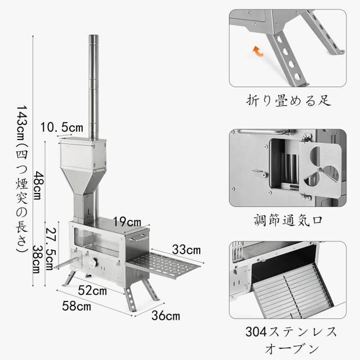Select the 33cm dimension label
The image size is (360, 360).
click(x=186, y=249)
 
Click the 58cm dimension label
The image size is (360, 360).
click(x=75, y=307)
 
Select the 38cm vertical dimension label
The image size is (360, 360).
click(x=37, y=258)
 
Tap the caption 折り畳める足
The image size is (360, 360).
click(x=288, y=101)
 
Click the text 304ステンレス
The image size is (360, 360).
click(x=288, y=330)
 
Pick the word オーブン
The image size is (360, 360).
click(x=288, y=348)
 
